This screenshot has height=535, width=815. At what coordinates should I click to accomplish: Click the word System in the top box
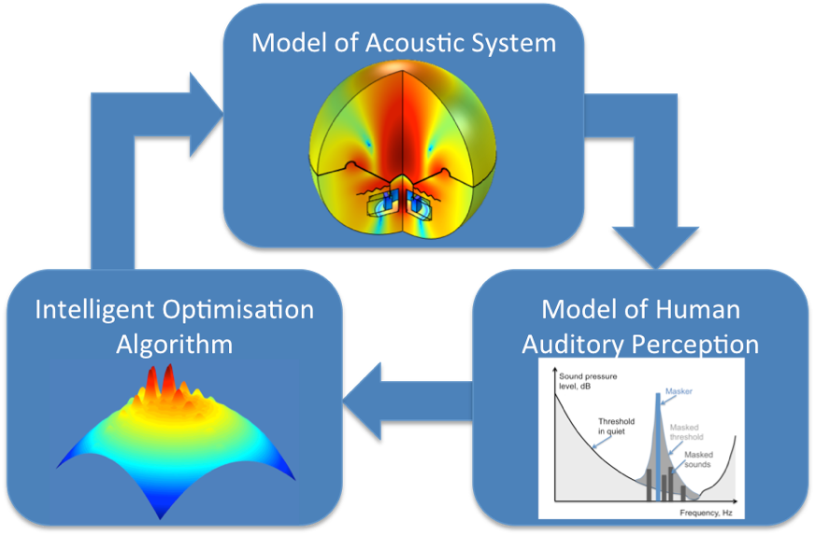pyautogui.click(x=519, y=43)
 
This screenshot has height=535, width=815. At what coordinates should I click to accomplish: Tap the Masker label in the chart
pyautogui.click(x=680, y=392)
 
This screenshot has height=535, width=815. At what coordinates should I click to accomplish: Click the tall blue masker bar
pyautogui.click(x=659, y=439)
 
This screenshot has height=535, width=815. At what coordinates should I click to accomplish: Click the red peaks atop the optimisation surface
pyautogui.click(x=160, y=383)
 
